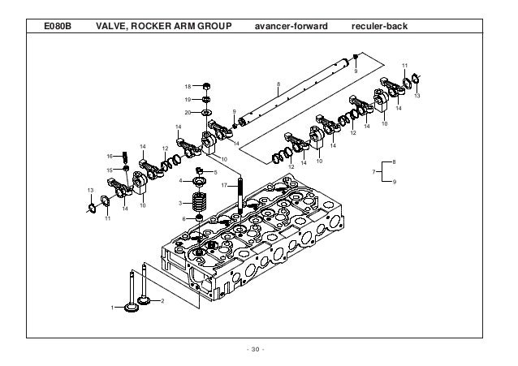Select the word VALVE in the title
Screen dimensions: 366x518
point(114,29)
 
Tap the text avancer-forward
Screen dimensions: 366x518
point(291,29)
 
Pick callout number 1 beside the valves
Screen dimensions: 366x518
point(114,308)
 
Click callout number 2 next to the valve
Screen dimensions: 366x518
point(162,301)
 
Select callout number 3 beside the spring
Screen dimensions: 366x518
point(180,203)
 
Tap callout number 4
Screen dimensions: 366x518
point(180,182)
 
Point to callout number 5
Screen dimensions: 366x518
point(215,172)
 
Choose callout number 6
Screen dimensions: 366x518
point(183,218)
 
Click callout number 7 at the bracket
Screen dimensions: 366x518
point(373,172)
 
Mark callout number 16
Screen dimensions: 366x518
point(110,156)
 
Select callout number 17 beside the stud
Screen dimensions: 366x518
point(223,186)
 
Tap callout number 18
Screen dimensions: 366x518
point(186,86)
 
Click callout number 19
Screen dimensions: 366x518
point(186,99)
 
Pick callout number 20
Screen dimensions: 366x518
point(186,112)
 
